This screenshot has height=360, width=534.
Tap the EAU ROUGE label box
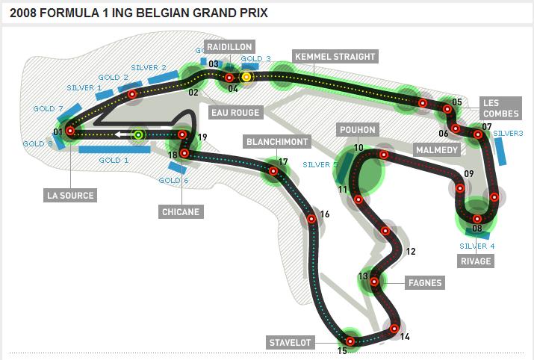[x=236, y=113]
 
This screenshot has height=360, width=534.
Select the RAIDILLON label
[x=230, y=47]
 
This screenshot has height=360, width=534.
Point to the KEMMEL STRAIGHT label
[x=335, y=57]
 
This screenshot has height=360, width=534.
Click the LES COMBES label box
[x=491, y=108]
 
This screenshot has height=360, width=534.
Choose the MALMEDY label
[x=437, y=149]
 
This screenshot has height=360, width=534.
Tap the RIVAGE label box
[x=476, y=261]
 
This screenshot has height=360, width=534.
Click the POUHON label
[x=357, y=129]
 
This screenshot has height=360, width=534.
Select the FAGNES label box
[x=425, y=282]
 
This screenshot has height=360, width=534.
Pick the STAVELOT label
[x=290, y=342]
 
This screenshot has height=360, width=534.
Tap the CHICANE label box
[x=181, y=211]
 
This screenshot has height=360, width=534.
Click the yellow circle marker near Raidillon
[x=246, y=76]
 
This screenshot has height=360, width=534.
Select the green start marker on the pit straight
[x=138, y=135]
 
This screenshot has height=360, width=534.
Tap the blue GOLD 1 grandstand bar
[x=114, y=149]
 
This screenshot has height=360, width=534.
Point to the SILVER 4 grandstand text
[x=477, y=246]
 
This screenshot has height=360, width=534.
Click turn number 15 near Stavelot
[x=342, y=350]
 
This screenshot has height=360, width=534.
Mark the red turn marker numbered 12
[x=386, y=232]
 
